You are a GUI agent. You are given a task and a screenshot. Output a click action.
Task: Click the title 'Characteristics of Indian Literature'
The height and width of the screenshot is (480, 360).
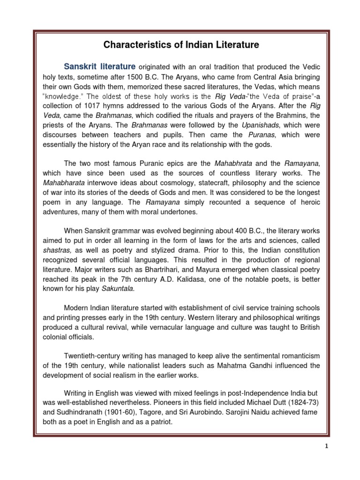point(180,45)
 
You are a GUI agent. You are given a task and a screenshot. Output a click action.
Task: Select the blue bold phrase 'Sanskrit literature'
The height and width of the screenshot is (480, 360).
point(100,67)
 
